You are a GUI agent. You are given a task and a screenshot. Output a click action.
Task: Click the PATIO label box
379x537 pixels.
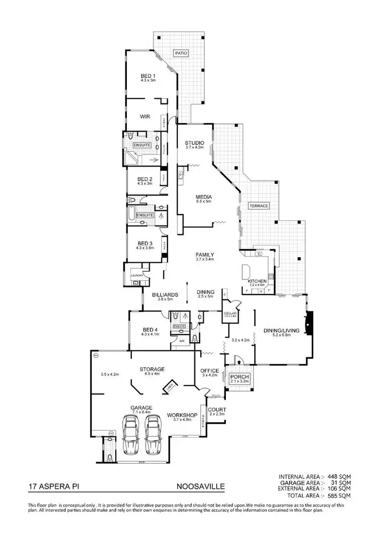(180, 53)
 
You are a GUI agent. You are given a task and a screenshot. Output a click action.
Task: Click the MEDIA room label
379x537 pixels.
(204, 197)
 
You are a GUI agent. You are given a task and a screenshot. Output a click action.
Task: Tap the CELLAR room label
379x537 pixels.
(230, 314)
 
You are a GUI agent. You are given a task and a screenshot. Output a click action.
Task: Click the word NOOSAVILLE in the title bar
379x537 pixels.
(201, 487)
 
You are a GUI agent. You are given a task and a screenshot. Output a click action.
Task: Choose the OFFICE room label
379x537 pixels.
(209, 370)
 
